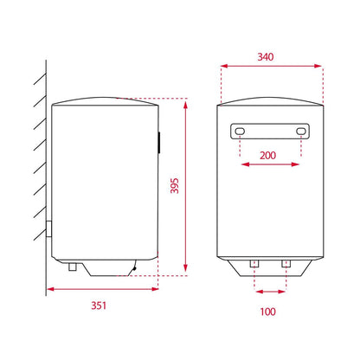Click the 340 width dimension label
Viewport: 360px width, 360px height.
click(x=266, y=57)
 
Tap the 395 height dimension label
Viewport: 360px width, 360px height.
click(x=175, y=186)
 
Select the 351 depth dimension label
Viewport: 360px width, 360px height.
click(x=99, y=305)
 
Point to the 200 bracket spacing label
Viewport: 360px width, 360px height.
click(x=267, y=156)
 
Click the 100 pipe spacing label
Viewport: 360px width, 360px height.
click(x=267, y=312)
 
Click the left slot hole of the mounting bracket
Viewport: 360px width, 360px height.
click(x=240, y=132)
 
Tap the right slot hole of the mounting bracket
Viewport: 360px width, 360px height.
click(x=301, y=132)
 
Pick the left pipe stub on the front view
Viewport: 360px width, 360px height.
click(x=254, y=263)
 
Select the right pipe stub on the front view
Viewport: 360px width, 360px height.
click(x=286, y=263)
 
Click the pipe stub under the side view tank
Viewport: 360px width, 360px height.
click(x=72, y=267)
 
